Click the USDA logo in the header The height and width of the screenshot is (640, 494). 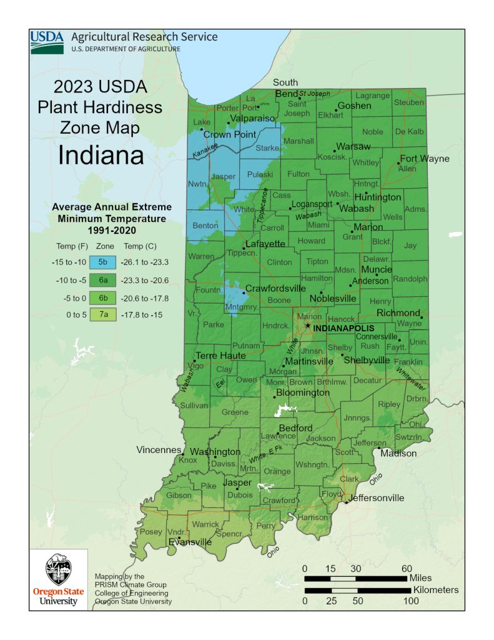(47, 41)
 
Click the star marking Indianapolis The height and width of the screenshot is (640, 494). (307, 326)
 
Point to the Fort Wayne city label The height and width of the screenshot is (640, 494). (425, 159)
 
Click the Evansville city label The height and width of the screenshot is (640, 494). (190, 542)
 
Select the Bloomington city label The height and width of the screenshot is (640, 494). (302, 392)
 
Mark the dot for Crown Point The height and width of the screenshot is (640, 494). (202, 130)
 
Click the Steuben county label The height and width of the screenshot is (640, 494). (409, 102)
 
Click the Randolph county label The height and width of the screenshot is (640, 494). (410, 279)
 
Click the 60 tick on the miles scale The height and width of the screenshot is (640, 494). (407, 568)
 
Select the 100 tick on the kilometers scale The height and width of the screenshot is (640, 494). (410, 601)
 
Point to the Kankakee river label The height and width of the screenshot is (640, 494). (205, 150)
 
